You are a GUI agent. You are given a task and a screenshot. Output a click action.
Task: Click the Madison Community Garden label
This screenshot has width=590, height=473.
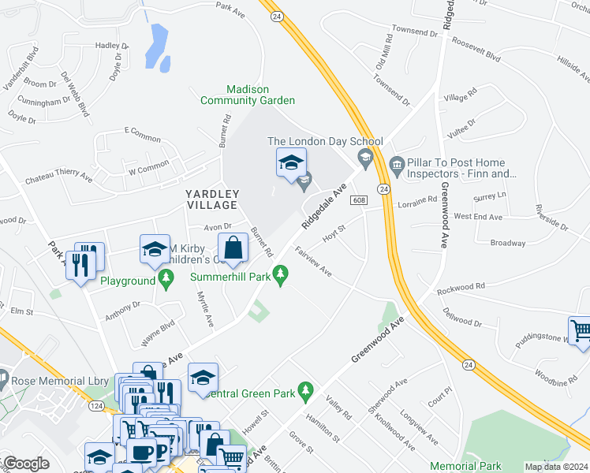(248, 95)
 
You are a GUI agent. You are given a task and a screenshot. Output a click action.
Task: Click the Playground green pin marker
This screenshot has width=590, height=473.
(166, 278)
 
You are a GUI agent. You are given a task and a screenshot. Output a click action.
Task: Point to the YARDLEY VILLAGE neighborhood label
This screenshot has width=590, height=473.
(211, 199)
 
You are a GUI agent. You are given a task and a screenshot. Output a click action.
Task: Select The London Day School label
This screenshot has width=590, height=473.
(325, 142)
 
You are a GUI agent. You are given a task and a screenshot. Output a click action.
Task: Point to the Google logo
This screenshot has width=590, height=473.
(26, 464)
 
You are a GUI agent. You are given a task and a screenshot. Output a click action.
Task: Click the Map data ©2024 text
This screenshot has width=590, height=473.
(555, 467)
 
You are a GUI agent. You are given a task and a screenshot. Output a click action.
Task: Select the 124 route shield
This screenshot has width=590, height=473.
(96, 405)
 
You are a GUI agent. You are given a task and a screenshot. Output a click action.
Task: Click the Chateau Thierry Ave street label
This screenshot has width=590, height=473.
(58, 179)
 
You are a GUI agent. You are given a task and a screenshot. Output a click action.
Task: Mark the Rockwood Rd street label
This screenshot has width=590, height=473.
(461, 287)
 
